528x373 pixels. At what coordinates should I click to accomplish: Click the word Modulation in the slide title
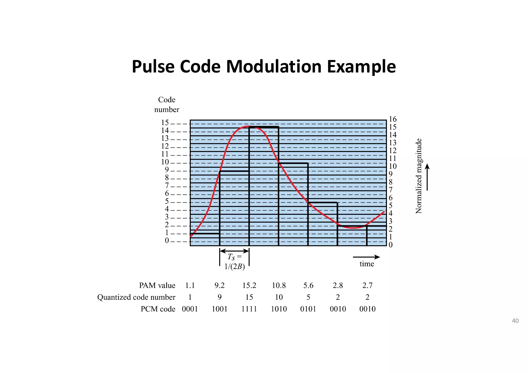[x=274, y=67]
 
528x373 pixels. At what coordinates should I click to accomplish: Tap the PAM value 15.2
[x=249, y=285]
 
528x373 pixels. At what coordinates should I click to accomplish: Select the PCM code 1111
[x=249, y=309]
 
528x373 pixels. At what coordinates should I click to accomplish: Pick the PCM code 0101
[x=308, y=309]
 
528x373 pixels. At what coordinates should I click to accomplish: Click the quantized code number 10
[x=279, y=297]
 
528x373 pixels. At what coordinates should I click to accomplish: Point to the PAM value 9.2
[x=220, y=285]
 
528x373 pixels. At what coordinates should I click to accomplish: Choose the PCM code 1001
[x=220, y=309]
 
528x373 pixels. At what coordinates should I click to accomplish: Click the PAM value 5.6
[x=308, y=285]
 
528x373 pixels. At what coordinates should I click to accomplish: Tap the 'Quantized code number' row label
[x=136, y=297]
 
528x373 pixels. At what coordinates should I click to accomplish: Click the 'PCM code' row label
[x=158, y=309]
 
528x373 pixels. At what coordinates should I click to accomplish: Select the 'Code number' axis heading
[x=167, y=105]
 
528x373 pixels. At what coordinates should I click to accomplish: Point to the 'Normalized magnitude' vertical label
[x=419, y=176]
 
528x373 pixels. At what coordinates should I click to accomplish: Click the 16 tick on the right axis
[x=393, y=119]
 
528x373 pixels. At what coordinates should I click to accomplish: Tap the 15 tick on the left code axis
[x=165, y=123]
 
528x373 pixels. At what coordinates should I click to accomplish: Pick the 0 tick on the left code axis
[x=167, y=241]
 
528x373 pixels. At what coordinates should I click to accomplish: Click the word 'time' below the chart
[x=367, y=264]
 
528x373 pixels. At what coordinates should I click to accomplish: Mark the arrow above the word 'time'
[x=366, y=257]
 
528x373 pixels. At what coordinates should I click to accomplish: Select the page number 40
[x=515, y=321]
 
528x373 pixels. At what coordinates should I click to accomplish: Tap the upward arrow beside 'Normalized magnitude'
[x=427, y=177]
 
